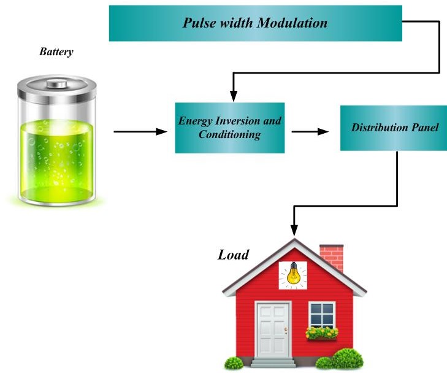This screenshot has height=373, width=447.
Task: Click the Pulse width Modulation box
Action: click(255, 23)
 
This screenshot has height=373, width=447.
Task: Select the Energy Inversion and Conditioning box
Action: click(229, 128)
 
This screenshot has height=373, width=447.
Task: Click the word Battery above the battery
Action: click(56, 52)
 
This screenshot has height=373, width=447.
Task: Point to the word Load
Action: click(234, 254)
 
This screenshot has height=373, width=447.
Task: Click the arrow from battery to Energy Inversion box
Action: click(140, 131)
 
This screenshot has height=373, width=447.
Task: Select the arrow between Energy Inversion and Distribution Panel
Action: click(309, 131)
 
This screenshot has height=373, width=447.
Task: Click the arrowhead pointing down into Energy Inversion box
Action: click(233, 96)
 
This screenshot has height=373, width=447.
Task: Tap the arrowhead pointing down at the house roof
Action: click(294, 231)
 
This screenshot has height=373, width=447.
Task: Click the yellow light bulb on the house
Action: click(293, 274)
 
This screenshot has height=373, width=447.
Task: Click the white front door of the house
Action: click(273, 330)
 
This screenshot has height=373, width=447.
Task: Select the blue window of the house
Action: click(322, 314)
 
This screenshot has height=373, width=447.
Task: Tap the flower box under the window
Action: click(322, 333)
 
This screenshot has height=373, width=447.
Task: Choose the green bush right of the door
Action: click(347, 358)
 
